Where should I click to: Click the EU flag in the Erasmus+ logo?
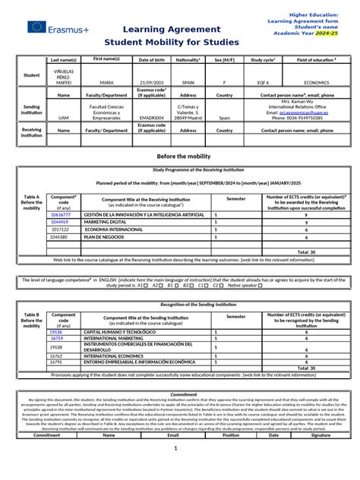click(x=36, y=27)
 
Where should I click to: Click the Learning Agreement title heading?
click(x=159, y=27)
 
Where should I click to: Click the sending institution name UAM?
click(x=63, y=118)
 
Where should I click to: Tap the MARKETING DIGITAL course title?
click(x=106, y=222)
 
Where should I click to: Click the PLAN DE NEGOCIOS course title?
click(x=103, y=236)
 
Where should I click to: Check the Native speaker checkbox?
click(x=261, y=286)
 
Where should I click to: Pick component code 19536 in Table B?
click(x=56, y=332)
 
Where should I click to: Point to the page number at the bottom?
click(x=175, y=469)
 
